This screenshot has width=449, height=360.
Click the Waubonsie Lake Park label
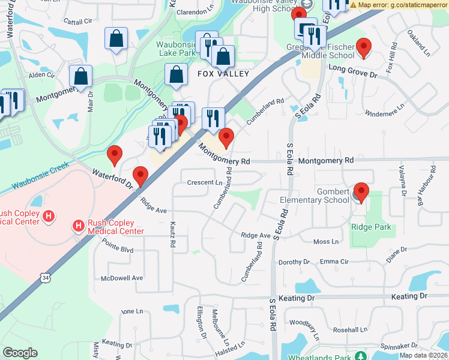176,49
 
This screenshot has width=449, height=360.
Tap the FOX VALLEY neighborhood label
215,74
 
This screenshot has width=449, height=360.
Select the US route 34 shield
46,277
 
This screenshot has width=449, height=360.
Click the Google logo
20,353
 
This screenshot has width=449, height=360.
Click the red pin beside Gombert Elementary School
360,193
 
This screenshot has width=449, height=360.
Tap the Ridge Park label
371,227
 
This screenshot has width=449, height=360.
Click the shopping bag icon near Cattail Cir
116,39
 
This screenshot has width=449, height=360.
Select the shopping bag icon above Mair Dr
80,77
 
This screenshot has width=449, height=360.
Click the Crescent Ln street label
205,182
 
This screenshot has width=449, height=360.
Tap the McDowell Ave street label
122,278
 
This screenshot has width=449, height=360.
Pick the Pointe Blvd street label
118,248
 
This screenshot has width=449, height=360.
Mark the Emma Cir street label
334,262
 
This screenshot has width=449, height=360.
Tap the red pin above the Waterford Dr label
114,155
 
